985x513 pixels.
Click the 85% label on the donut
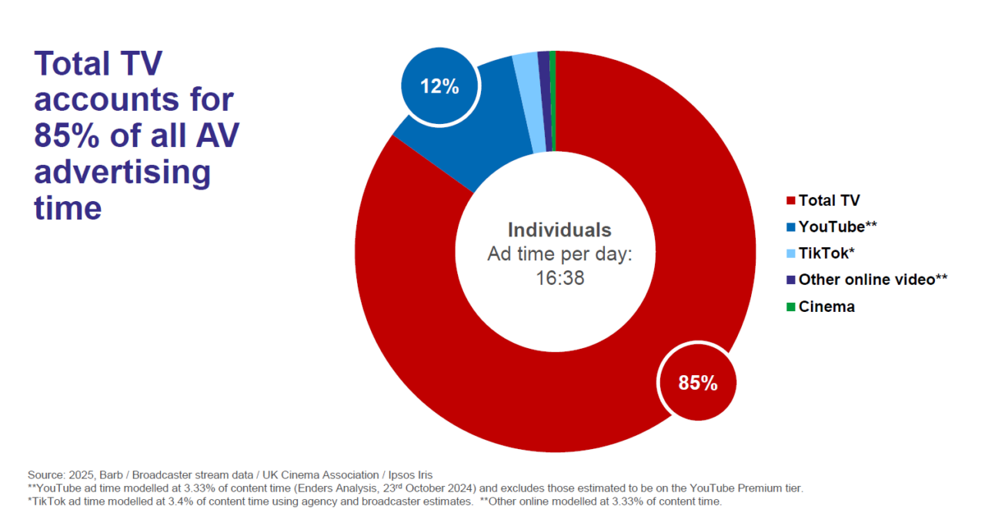[x=697, y=383]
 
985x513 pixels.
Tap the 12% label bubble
[x=439, y=86]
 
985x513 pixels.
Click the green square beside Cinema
[x=790, y=307]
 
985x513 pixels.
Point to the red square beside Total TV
[x=790, y=201]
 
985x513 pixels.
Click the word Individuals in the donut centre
[x=559, y=230]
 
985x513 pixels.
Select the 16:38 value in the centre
[x=559, y=277]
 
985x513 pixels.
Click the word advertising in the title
[x=122, y=172]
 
